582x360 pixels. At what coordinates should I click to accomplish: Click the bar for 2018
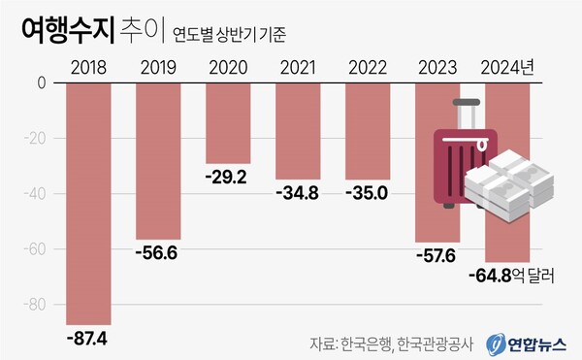coord(88,204)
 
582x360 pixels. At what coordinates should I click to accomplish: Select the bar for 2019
coord(158,160)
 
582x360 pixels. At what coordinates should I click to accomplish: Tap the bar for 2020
coord(228,122)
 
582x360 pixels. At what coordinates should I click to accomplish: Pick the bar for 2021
coord(298,131)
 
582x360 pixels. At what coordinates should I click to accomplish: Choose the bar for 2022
coord(368,131)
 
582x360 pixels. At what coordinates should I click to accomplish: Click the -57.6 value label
coord(436,256)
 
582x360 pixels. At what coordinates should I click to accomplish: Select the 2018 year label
coord(88,68)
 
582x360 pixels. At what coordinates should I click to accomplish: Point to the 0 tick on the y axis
coord(42,83)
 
